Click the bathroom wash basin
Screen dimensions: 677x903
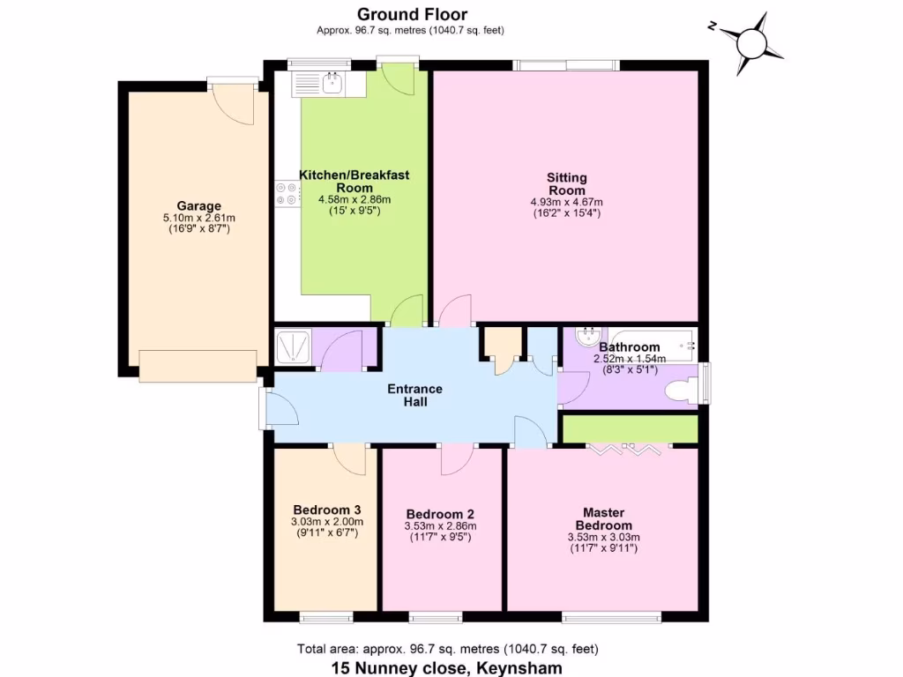[x=588, y=336]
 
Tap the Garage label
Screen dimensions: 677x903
[x=198, y=206]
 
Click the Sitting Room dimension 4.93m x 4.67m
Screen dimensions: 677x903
[x=566, y=202]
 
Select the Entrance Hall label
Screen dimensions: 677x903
[x=416, y=395]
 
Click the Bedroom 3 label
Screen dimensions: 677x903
[x=326, y=510]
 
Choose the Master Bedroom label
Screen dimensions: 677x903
[x=603, y=518]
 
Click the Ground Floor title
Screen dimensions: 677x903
[x=412, y=14]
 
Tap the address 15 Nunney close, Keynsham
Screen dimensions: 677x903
[x=446, y=668]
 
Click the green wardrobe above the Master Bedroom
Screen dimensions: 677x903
[x=630, y=428]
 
